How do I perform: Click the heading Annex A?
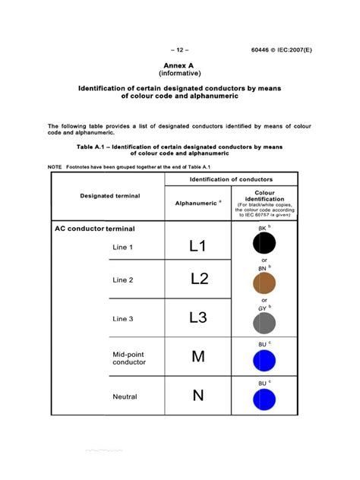[x=179, y=66]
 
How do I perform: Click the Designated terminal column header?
[x=109, y=196]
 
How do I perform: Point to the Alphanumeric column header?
[x=197, y=204]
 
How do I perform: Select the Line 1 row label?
[x=123, y=248]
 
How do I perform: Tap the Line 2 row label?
[x=123, y=280]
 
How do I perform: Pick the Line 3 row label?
[x=123, y=319]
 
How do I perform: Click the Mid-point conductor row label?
[x=129, y=358]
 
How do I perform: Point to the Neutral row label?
[x=125, y=396]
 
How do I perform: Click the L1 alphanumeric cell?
[x=197, y=246]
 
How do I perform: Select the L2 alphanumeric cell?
[x=198, y=279]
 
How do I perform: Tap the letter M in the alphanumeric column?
[x=197, y=357]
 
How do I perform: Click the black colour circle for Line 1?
[x=264, y=245]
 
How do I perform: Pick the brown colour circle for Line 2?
[x=264, y=282]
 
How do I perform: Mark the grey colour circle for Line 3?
[x=264, y=323]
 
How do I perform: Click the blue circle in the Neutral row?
[x=264, y=399]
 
